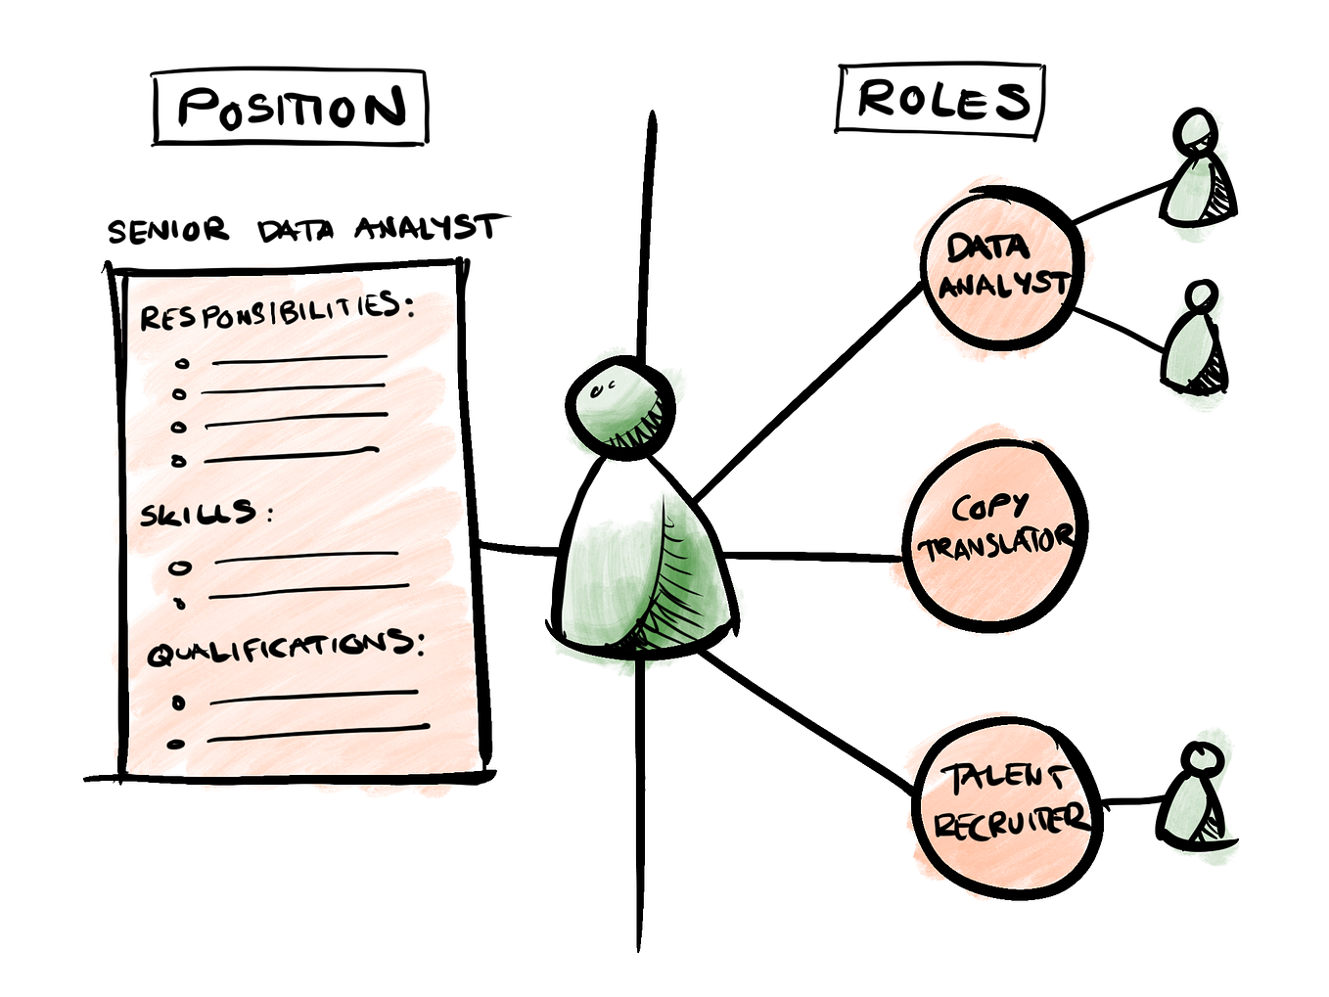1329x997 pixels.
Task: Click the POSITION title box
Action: [x=291, y=108]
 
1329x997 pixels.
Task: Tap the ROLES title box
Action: [x=940, y=100]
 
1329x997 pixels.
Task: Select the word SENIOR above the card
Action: [x=167, y=231]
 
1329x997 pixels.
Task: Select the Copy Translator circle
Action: [x=994, y=533]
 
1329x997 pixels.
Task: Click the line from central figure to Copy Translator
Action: [x=812, y=556]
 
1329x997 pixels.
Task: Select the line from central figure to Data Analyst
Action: [x=807, y=392]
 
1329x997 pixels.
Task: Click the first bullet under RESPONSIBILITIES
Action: [x=181, y=364]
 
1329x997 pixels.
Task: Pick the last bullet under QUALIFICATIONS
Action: [x=176, y=744]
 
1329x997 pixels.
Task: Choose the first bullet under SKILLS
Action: [x=180, y=567]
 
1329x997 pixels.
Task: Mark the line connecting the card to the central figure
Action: [x=519, y=549]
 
